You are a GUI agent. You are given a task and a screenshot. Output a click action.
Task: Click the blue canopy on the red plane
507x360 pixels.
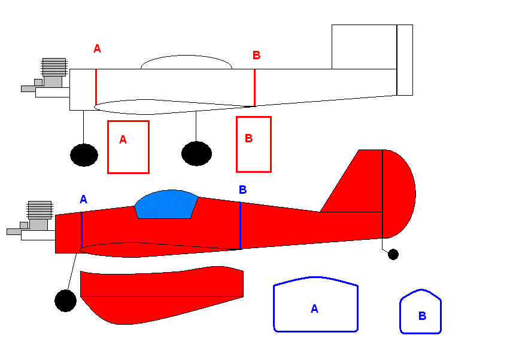pyautogui.click(x=166, y=205)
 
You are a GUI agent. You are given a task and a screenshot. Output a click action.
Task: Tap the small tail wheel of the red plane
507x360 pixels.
pyautogui.click(x=393, y=254)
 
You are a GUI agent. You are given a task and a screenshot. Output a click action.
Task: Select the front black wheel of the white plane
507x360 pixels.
pyautogui.click(x=84, y=155)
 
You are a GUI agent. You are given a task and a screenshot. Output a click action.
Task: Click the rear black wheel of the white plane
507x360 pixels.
pyautogui.click(x=196, y=154)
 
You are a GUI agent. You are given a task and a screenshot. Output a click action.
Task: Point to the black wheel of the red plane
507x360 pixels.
pyautogui.click(x=66, y=301)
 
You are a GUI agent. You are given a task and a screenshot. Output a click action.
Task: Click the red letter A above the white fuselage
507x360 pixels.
pyautogui.click(x=97, y=48)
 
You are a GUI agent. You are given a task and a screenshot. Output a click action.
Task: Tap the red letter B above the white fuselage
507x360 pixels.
pyautogui.click(x=256, y=55)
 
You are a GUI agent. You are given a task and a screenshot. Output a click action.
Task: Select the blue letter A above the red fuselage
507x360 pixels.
pyautogui.click(x=83, y=199)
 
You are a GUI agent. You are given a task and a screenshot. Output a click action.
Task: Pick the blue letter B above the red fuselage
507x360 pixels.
pyautogui.click(x=243, y=190)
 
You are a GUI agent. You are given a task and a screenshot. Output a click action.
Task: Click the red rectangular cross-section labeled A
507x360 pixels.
pyautogui.click(x=108, y=147)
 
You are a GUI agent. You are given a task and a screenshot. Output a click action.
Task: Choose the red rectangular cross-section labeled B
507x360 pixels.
pyautogui.click(x=236, y=144)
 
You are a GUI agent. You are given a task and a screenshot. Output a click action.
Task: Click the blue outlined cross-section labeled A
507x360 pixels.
pyautogui.click(x=274, y=307)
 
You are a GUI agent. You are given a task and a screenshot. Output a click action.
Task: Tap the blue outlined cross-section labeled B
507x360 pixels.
pyautogui.click(x=400, y=315)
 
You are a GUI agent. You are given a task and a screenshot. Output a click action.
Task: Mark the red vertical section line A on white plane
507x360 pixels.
pyautogui.click(x=96, y=87)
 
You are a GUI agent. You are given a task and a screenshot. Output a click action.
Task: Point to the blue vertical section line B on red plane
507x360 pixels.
pyautogui.click(x=240, y=225)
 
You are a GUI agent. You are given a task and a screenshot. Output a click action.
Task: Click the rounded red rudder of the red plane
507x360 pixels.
pyautogui.click(x=399, y=194)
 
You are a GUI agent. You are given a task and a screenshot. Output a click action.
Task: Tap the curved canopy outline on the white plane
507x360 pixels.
pyautogui.click(x=187, y=56)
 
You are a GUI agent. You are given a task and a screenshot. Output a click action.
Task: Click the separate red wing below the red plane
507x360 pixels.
pyautogui.click(x=162, y=295)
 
